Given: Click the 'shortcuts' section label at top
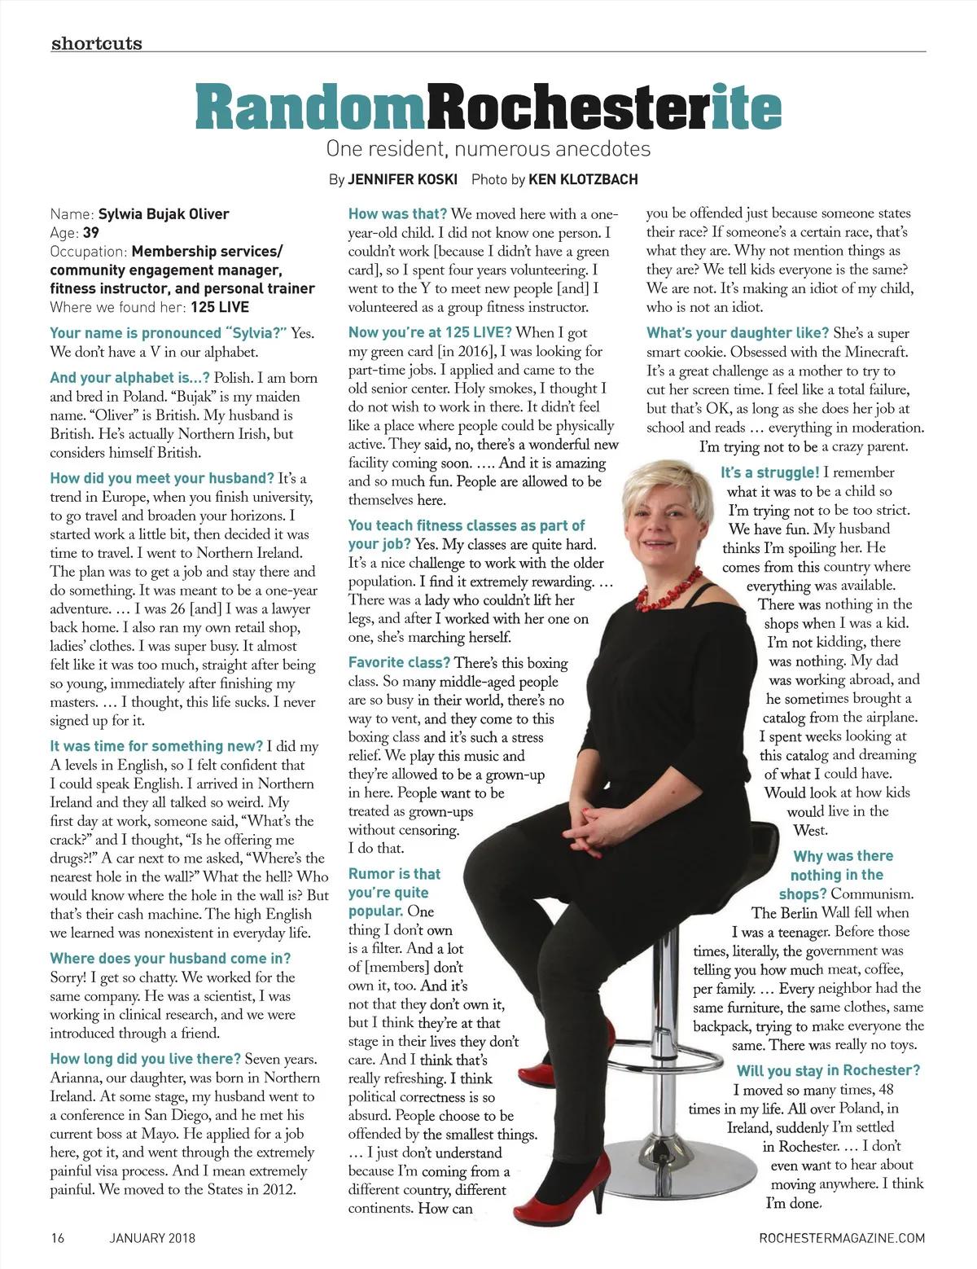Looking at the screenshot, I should pos(96,43).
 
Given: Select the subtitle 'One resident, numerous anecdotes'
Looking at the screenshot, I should pos(488,149).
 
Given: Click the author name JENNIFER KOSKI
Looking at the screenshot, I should pos(402,179).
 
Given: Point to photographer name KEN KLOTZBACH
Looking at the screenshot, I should pos(583,179).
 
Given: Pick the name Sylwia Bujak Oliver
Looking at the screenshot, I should pos(164,215).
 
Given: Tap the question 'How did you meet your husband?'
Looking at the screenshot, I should pos(162,478).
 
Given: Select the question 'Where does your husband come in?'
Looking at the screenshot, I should pos(170,959).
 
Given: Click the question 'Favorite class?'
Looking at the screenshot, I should pos(399,663).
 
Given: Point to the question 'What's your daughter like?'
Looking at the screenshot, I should pos(738,333).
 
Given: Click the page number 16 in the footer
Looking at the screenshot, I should pos(58,1239).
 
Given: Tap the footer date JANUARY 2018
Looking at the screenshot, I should pos(152,1239).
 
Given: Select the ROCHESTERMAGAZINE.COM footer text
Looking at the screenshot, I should pos(841,1239).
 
